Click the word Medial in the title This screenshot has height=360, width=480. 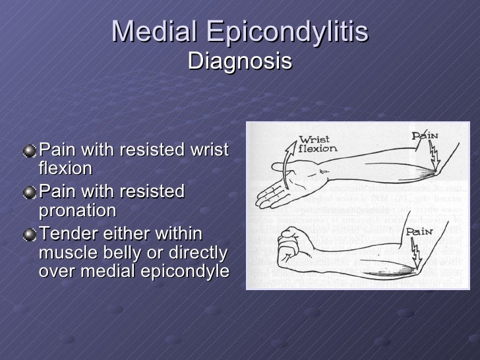(x=155, y=32)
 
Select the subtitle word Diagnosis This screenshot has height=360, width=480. (x=239, y=61)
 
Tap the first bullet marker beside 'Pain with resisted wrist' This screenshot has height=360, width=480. (x=30, y=151)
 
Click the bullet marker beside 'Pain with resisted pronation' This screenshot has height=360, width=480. (x=30, y=193)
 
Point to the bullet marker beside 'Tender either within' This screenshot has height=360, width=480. (x=30, y=235)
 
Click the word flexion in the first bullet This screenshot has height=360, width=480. (x=65, y=169)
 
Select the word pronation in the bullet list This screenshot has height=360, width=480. (x=78, y=211)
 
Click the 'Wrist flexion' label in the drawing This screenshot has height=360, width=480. (x=318, y=144)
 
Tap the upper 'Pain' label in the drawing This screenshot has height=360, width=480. (x=425, y=136)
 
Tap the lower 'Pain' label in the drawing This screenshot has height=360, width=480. (x=419, y=232)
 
